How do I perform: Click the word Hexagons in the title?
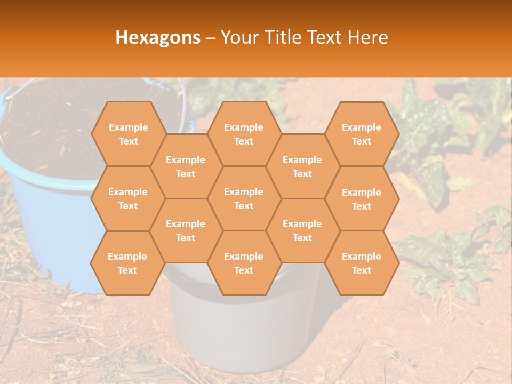pos(158,37)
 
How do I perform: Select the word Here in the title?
pos(367,37)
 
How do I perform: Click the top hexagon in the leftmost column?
pos(128,134)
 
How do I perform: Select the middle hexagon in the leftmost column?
pos(128,198)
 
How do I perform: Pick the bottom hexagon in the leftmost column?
pos(127,263)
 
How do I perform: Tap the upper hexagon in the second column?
pos(186,166)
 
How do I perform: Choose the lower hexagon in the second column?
pos(186,230)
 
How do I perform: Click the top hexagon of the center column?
pos(244,134)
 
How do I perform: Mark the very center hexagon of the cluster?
pos(244,198)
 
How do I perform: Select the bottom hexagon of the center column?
pos(244,263)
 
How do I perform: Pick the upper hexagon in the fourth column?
pos(302,166)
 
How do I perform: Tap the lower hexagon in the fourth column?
pos(302,230)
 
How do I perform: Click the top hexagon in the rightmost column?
pos(362,134)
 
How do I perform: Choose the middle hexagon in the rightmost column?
pos(362,199)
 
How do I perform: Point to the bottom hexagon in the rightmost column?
pos(362,263)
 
